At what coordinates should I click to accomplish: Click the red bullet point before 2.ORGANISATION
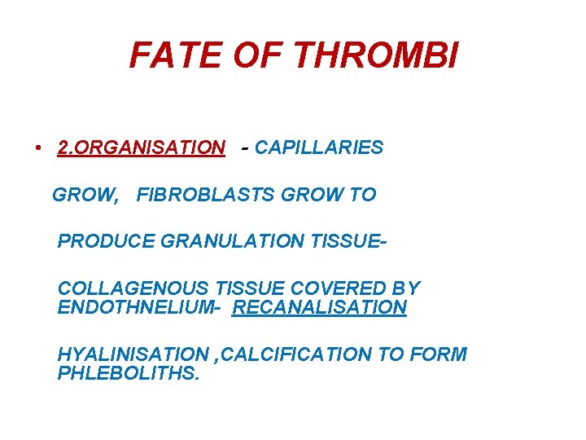(38, 148)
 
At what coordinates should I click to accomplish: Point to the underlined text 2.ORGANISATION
(141, 147)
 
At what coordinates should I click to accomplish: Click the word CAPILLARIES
(318, 147)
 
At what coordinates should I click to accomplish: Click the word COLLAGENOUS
(133, 288)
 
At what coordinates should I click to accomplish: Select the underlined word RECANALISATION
(319, 307)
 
